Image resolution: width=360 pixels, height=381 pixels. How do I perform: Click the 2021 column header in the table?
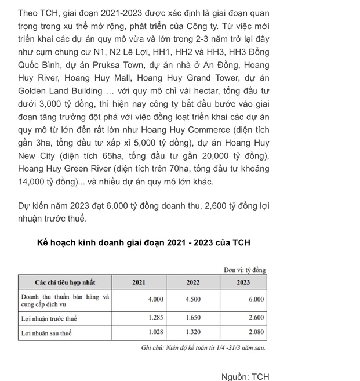click(139, 282)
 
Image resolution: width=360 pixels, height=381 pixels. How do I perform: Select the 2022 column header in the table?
click(193, 282)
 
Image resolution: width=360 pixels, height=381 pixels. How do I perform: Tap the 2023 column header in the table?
click(243, 282)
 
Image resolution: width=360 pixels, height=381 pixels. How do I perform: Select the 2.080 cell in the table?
click(256, 333)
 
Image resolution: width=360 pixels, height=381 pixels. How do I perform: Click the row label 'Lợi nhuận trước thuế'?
click(49, 318)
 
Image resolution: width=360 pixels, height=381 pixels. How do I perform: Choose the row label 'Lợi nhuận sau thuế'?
click(46, 333)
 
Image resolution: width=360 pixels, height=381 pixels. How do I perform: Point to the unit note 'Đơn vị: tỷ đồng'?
click(245, 270)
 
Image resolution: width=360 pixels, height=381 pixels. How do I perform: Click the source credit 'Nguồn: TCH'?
click(245, 376)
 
